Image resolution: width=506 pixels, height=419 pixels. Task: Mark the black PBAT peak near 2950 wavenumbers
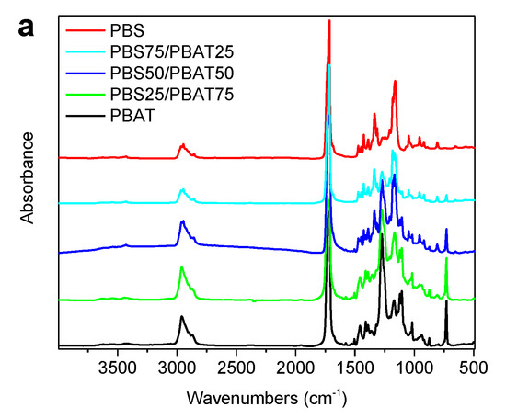pyautogui.click(x=181, y=317)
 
